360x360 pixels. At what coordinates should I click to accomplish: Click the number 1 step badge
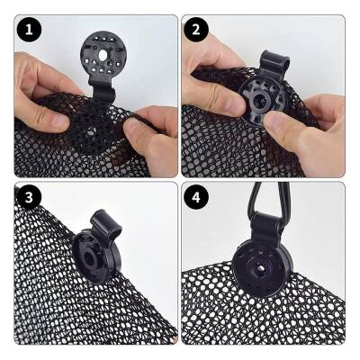tap(29, 30)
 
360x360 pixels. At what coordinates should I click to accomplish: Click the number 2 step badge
tap(196, 30)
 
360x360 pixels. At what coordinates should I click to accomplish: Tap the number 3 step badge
tap(29, 198)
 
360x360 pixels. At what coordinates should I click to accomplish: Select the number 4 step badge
tap(196, 198)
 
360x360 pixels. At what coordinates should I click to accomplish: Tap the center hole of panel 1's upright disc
tap(103, 55)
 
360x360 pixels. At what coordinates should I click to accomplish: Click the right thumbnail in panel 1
tap(131, 125)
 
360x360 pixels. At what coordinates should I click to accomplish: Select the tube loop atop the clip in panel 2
tap(274, 64)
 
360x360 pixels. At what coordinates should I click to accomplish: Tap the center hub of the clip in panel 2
tap(257, 102)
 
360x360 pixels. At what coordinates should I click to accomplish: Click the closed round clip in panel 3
tap(96, 257)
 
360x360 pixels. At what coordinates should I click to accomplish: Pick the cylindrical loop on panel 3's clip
tap(105, 224)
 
